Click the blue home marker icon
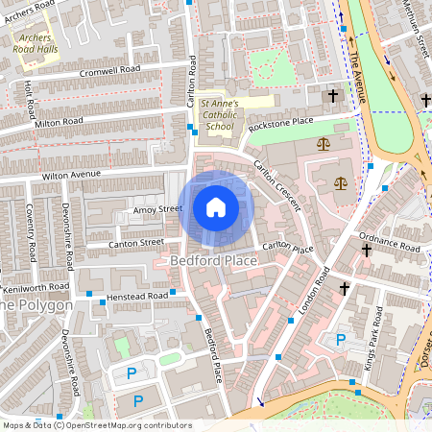click(215, 207)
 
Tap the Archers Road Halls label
click(37, 44)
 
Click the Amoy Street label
click(156, 208)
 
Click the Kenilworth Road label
click(35, 286)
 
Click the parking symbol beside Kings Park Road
click(339, 340)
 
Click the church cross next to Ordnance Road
click(365, 250)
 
